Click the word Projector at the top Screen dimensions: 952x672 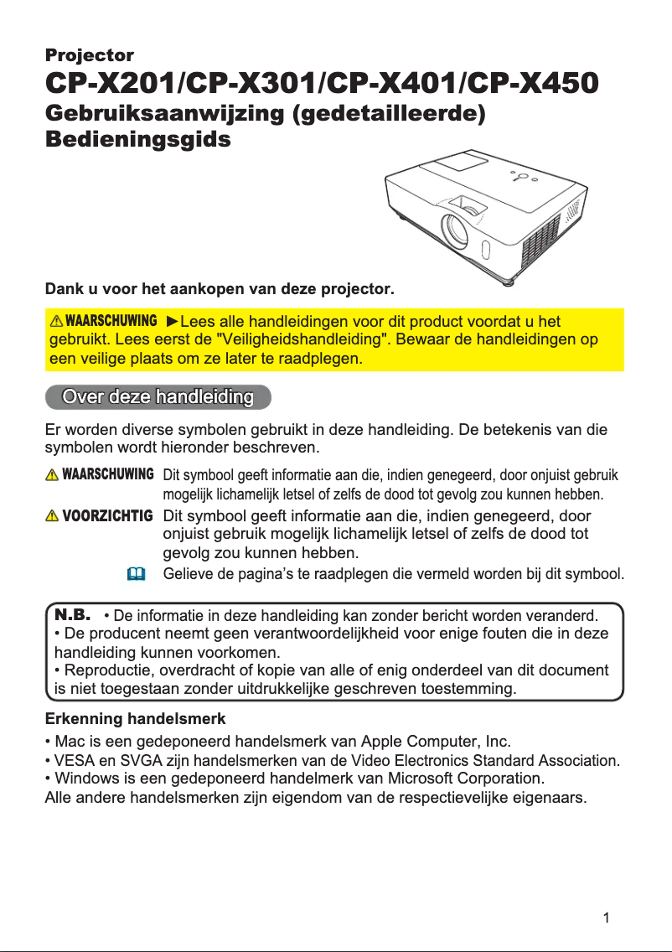pyautogui.click(x=89, y=55)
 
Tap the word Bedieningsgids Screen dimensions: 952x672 pyautogui.click(x=137, y=139)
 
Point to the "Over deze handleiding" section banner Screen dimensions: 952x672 pyautogui.click(x=158, y=396)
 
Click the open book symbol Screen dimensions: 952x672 pyautogui.click(x=137, y=575)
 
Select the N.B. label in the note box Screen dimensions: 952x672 pyautogui.click(x=72, y=614)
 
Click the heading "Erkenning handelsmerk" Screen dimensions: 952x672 pyautogui.click(x=134, y=719)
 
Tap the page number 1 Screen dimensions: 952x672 pyautogui.click(x=606, y=917)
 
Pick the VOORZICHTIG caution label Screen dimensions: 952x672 pyautogui.click(x=108, y=515)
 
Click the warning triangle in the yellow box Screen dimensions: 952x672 pyautogui.click(x=57, y=322)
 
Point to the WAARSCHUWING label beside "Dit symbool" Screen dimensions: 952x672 pyautogui.click(x=108, y=474)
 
